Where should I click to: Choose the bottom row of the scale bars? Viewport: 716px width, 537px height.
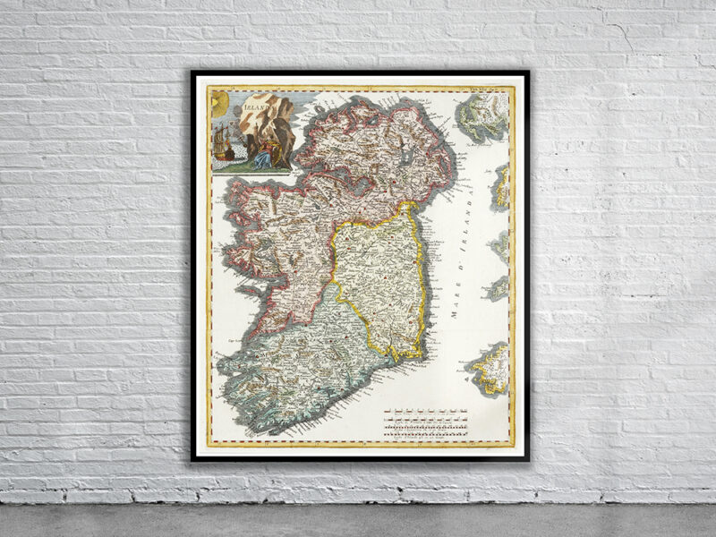(426, 435)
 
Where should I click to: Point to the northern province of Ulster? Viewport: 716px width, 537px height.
(376, 152)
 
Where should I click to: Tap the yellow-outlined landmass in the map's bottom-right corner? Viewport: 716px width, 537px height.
(491, 367)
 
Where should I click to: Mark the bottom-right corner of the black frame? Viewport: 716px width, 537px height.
(527, 459)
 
